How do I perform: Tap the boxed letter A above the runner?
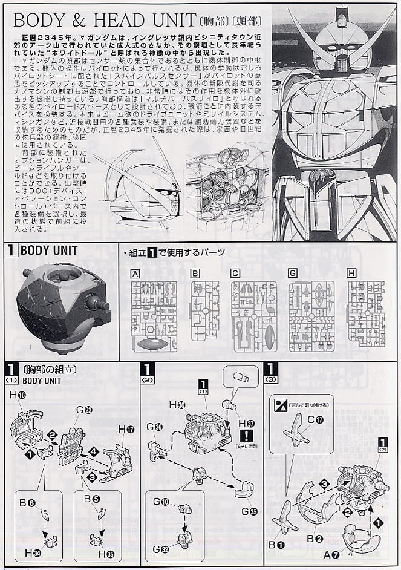[x=135, y=274]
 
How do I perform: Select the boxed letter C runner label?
[x=235, y=274]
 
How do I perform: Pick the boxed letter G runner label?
[x=293, y=274]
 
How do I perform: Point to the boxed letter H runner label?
[x=351, y=274]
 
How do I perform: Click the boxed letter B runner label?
[x=195, y=274]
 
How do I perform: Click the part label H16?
[x=18, y=395]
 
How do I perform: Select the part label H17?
[x=126, y=429]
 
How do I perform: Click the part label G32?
[x=161, y=549]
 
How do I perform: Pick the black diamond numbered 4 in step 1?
[x=93, y=451]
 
